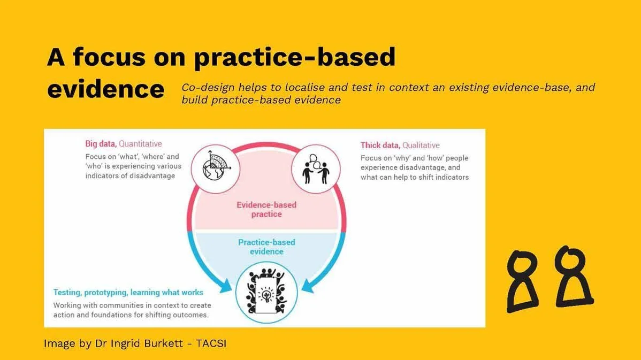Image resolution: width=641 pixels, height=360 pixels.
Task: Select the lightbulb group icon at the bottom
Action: tap(266, 292)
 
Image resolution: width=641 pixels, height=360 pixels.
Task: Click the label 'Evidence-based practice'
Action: tap(266, 209)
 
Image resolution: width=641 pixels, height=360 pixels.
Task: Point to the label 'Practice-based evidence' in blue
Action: tap(266, 247)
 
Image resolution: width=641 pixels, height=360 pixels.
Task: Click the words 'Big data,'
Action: tap(101, 144)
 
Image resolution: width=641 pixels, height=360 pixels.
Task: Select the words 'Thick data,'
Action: tap(380, 145)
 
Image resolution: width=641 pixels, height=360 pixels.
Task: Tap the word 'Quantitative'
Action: tap(140, 144)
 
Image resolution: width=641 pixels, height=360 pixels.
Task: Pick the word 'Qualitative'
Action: tap(421, 145)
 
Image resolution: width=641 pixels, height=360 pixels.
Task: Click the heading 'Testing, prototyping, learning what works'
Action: tap(128, 293)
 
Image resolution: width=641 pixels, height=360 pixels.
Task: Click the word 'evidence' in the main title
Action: tap(105, 89)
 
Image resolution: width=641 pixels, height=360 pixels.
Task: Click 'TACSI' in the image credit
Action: tap(211, 343)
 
